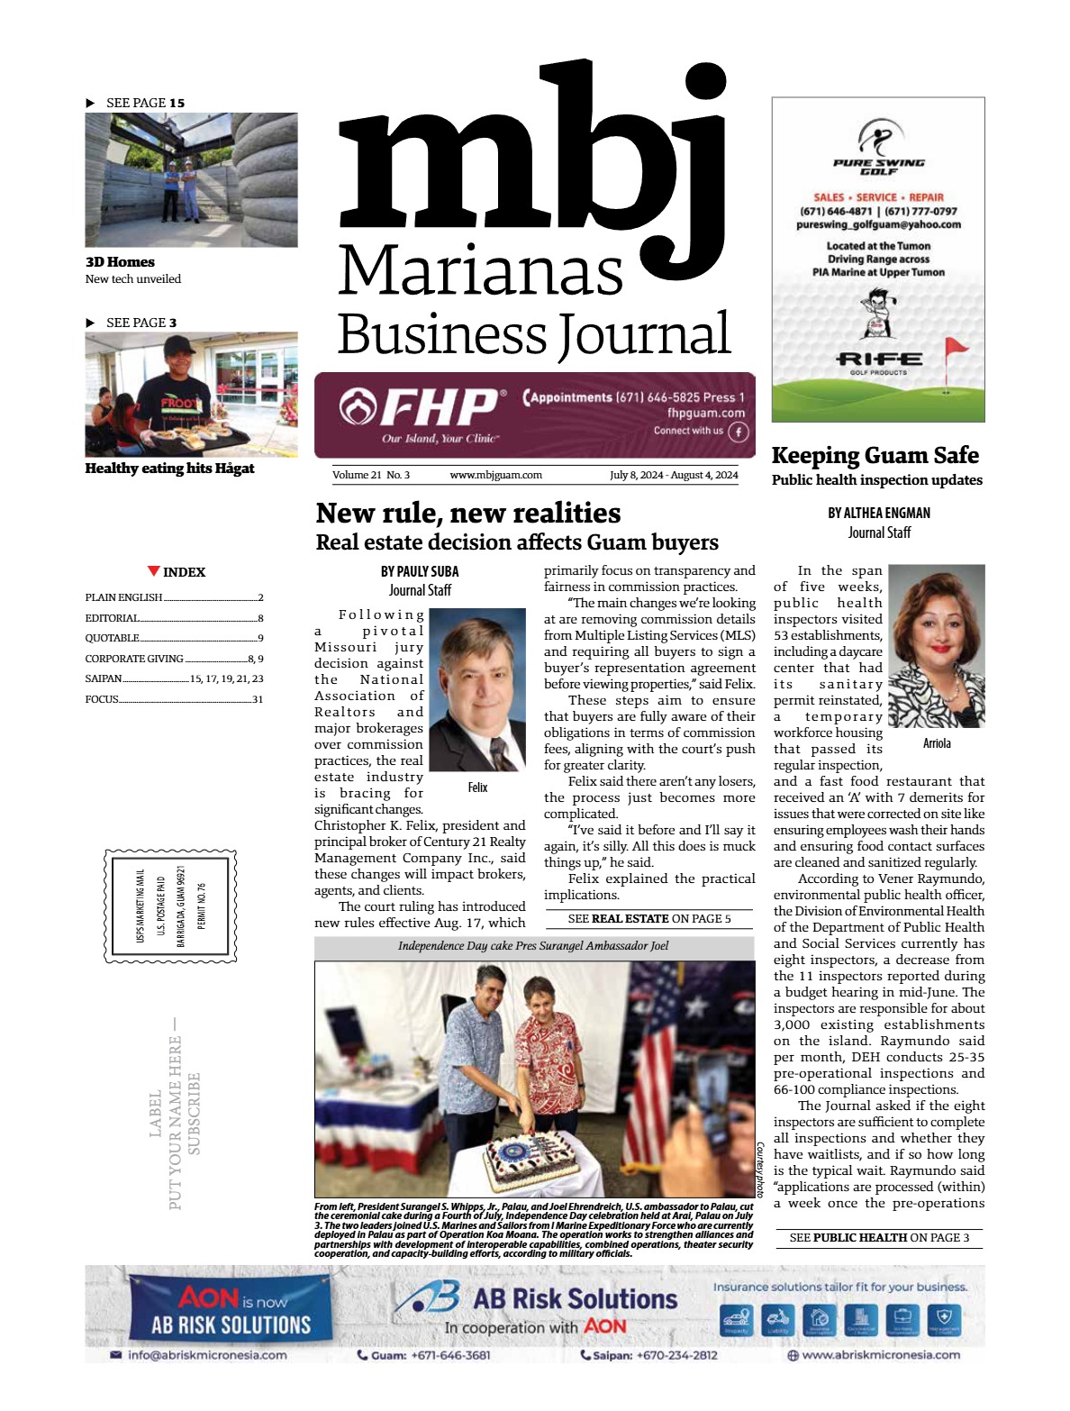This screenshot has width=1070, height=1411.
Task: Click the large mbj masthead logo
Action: pyautogui.click(x=531, y=153)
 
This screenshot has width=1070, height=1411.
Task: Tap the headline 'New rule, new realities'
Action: pyautogui.click(x=468, y=513)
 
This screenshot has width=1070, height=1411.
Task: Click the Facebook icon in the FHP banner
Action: pyautogui.click(x=739, y=432)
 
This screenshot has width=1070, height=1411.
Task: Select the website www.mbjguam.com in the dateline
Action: pyautogui.click(x=495, y=475)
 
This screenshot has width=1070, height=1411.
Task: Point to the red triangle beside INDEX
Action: pyautogui.click(x=154, y=571)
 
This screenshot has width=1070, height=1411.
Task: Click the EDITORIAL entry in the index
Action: pyautogui.click(x=113, y=618)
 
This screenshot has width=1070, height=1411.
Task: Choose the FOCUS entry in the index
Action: pyautogui.click(x=102, y=699)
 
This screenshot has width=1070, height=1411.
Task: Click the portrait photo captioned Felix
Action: pyautogui.click(x=477, y=690)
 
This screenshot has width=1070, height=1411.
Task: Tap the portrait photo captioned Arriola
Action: pyautogui.click(x=936, y=645)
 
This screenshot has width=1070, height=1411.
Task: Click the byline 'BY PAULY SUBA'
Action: pyautogui.click(x=420, y=571)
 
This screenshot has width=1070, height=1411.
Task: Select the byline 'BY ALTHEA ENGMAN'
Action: pyautogui.click(x=879, y=513)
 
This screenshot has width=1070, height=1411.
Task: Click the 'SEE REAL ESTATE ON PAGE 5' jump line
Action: pyautogui.click(x=649, y=919)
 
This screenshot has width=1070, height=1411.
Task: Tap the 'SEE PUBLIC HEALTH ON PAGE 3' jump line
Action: pyautogui.click(x=879, y=1238)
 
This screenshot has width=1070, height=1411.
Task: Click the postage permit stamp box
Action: pyautogui.click(x=170, y=906)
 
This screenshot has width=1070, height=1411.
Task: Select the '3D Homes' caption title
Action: pyautogui.click(x=120, y=262)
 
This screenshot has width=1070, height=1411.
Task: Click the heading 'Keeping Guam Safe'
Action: pyautogui.click(x=875, y=455)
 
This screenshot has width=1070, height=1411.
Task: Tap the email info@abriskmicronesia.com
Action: pyautogui.click(x=207, y=1355)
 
